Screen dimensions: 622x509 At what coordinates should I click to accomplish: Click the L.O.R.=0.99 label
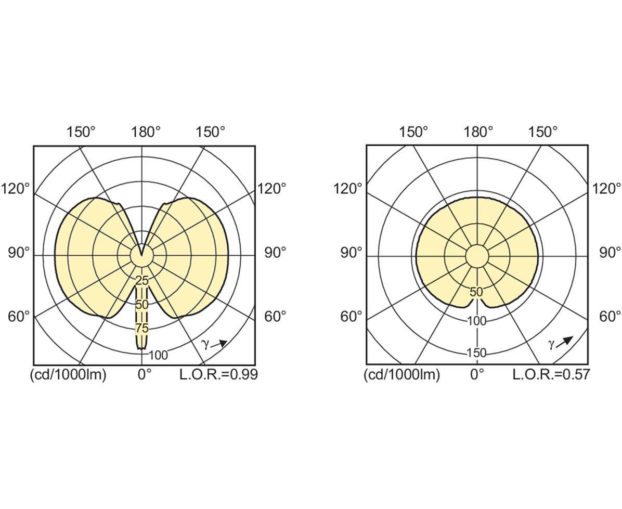click(x=218, y=374)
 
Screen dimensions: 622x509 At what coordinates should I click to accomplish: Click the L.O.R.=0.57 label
click(x=551, y=374)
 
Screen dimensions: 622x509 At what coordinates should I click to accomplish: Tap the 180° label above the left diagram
click(x=146, y=132)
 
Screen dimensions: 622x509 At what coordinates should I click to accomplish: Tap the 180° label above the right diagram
click(x=479, y=132)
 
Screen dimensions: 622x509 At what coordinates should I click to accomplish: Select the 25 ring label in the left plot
click(x=141, y=281)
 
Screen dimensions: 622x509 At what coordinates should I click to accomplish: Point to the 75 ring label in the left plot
click(x=141, y=328)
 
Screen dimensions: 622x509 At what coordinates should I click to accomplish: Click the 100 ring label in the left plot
click(x=158, y=355)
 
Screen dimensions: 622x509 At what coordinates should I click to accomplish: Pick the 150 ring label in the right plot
click(x=476, y=353)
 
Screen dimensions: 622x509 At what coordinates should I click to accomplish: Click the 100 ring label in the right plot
click(x=476, y=321)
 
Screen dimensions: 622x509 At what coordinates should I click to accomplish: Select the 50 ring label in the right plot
click(x=476, y=292)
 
